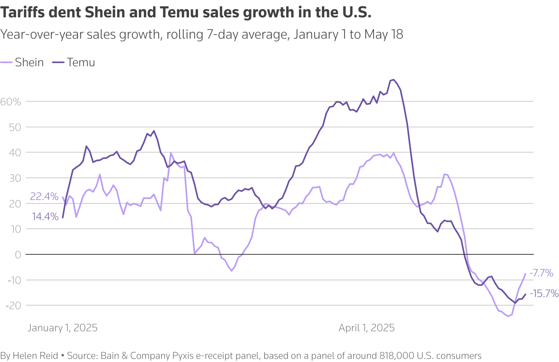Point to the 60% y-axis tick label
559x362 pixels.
coord(11,102)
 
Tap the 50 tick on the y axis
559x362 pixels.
coord(15,127)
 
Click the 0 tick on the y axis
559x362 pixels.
coord(18,255)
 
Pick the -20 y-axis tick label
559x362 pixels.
coord(13,306)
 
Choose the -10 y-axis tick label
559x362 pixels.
coord(13,280)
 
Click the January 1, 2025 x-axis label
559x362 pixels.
coord(63,328)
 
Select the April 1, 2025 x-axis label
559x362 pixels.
coord(366,328)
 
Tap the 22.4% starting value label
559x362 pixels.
coord(44,196)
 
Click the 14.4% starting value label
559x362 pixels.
coord(45,216)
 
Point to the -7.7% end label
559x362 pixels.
coord(541,273)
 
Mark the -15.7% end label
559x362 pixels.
coord(544,293)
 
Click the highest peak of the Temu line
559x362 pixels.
coord(393,80)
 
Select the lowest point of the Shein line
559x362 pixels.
coord(508,316)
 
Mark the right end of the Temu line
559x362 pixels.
coord(525,294)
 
